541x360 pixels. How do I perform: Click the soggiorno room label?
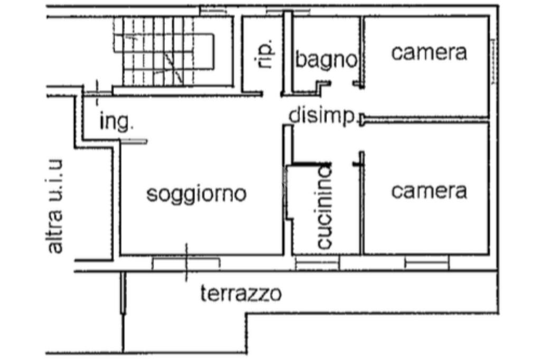(x=197, y=194)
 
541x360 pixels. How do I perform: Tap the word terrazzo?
(x=241, y=293)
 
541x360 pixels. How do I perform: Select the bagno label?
(x=326, y=59)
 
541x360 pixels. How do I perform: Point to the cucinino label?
(x=324, y=206)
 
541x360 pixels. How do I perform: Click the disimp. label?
(x=322, y=116)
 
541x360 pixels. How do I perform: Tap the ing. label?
(x=117, y=122)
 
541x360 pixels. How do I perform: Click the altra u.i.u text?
(x=54, y=206)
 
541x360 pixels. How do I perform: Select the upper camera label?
(x=429, y=52)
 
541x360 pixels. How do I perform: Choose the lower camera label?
(x=429, y=191)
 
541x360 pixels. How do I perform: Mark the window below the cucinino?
(x=316, y=262)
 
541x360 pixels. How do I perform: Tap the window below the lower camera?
(x=426, y=262)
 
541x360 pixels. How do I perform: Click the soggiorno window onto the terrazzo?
(x=185, y=262)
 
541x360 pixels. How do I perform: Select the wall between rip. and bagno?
(x=288, y=53)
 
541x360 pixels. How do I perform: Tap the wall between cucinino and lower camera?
(x=362, y=211)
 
